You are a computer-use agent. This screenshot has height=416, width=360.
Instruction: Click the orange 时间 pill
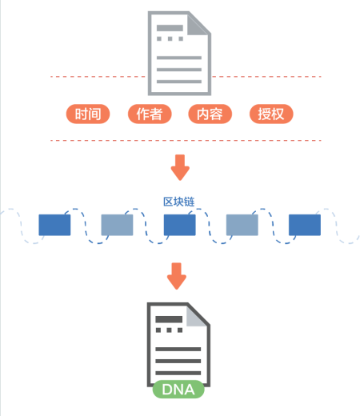88,114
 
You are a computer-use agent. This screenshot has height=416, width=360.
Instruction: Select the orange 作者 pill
150,114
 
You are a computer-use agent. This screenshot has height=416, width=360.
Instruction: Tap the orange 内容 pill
210,114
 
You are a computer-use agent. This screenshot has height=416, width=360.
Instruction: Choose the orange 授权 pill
271,114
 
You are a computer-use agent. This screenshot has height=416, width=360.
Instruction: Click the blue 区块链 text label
179,202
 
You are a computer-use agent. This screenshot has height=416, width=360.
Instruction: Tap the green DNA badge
178,390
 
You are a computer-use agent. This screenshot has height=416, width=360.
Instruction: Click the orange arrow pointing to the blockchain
180,167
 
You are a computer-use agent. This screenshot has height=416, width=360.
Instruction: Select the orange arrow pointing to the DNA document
177,276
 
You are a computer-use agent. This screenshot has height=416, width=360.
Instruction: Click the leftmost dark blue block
54,225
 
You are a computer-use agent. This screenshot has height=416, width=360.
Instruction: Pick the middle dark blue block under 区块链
180,225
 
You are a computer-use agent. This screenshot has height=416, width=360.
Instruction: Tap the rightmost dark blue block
305,225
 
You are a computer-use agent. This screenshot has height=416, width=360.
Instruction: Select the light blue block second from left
117,225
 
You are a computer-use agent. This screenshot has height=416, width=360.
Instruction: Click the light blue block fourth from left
242,225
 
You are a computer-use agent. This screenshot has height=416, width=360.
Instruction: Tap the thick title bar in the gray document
170,28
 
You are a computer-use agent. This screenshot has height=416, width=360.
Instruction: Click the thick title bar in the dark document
169,319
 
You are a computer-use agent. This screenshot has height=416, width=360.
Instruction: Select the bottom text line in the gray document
179,82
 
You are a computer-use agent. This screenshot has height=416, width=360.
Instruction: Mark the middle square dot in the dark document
169,330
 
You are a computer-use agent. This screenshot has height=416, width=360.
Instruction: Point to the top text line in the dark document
178,349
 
